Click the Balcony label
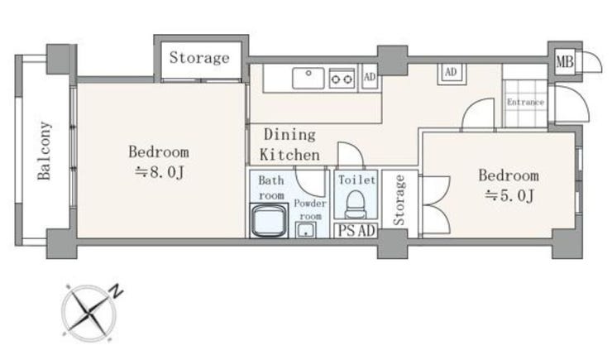click(x=44, y=151)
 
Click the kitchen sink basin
click(x=308, y=78)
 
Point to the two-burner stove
click(x=342, y=79)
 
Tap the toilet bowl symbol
click(x=355, y=204)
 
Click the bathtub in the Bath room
click(x=269, y=221)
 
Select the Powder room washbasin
click(x=306, y=229)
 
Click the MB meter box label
click(x=565, y=61)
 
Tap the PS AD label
click(x=356, y=230)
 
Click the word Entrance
click(x=525, y=103)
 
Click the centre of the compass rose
click(x=89, y=312)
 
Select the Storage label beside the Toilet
click(x=399, y=200)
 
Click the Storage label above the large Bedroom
click(x=199, y=58)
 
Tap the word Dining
click(x=289, y=135)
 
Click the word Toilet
click(x=356, y=180)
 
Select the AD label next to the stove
click(x=370, y=76)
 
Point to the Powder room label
click(x=310, y=209)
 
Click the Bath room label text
click(x=271, y=188)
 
